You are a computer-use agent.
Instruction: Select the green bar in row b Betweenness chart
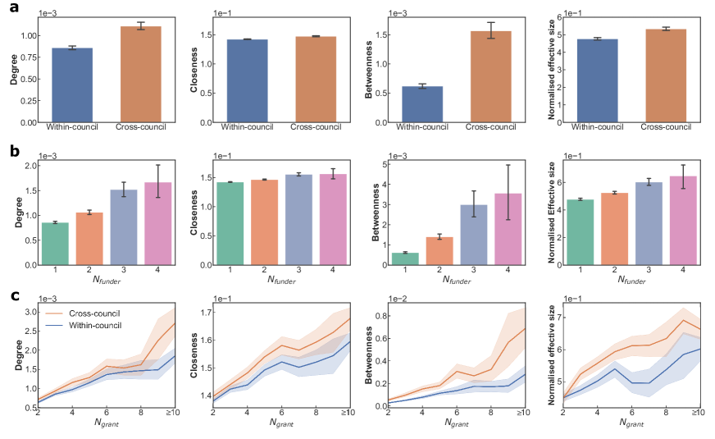[405, 258]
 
